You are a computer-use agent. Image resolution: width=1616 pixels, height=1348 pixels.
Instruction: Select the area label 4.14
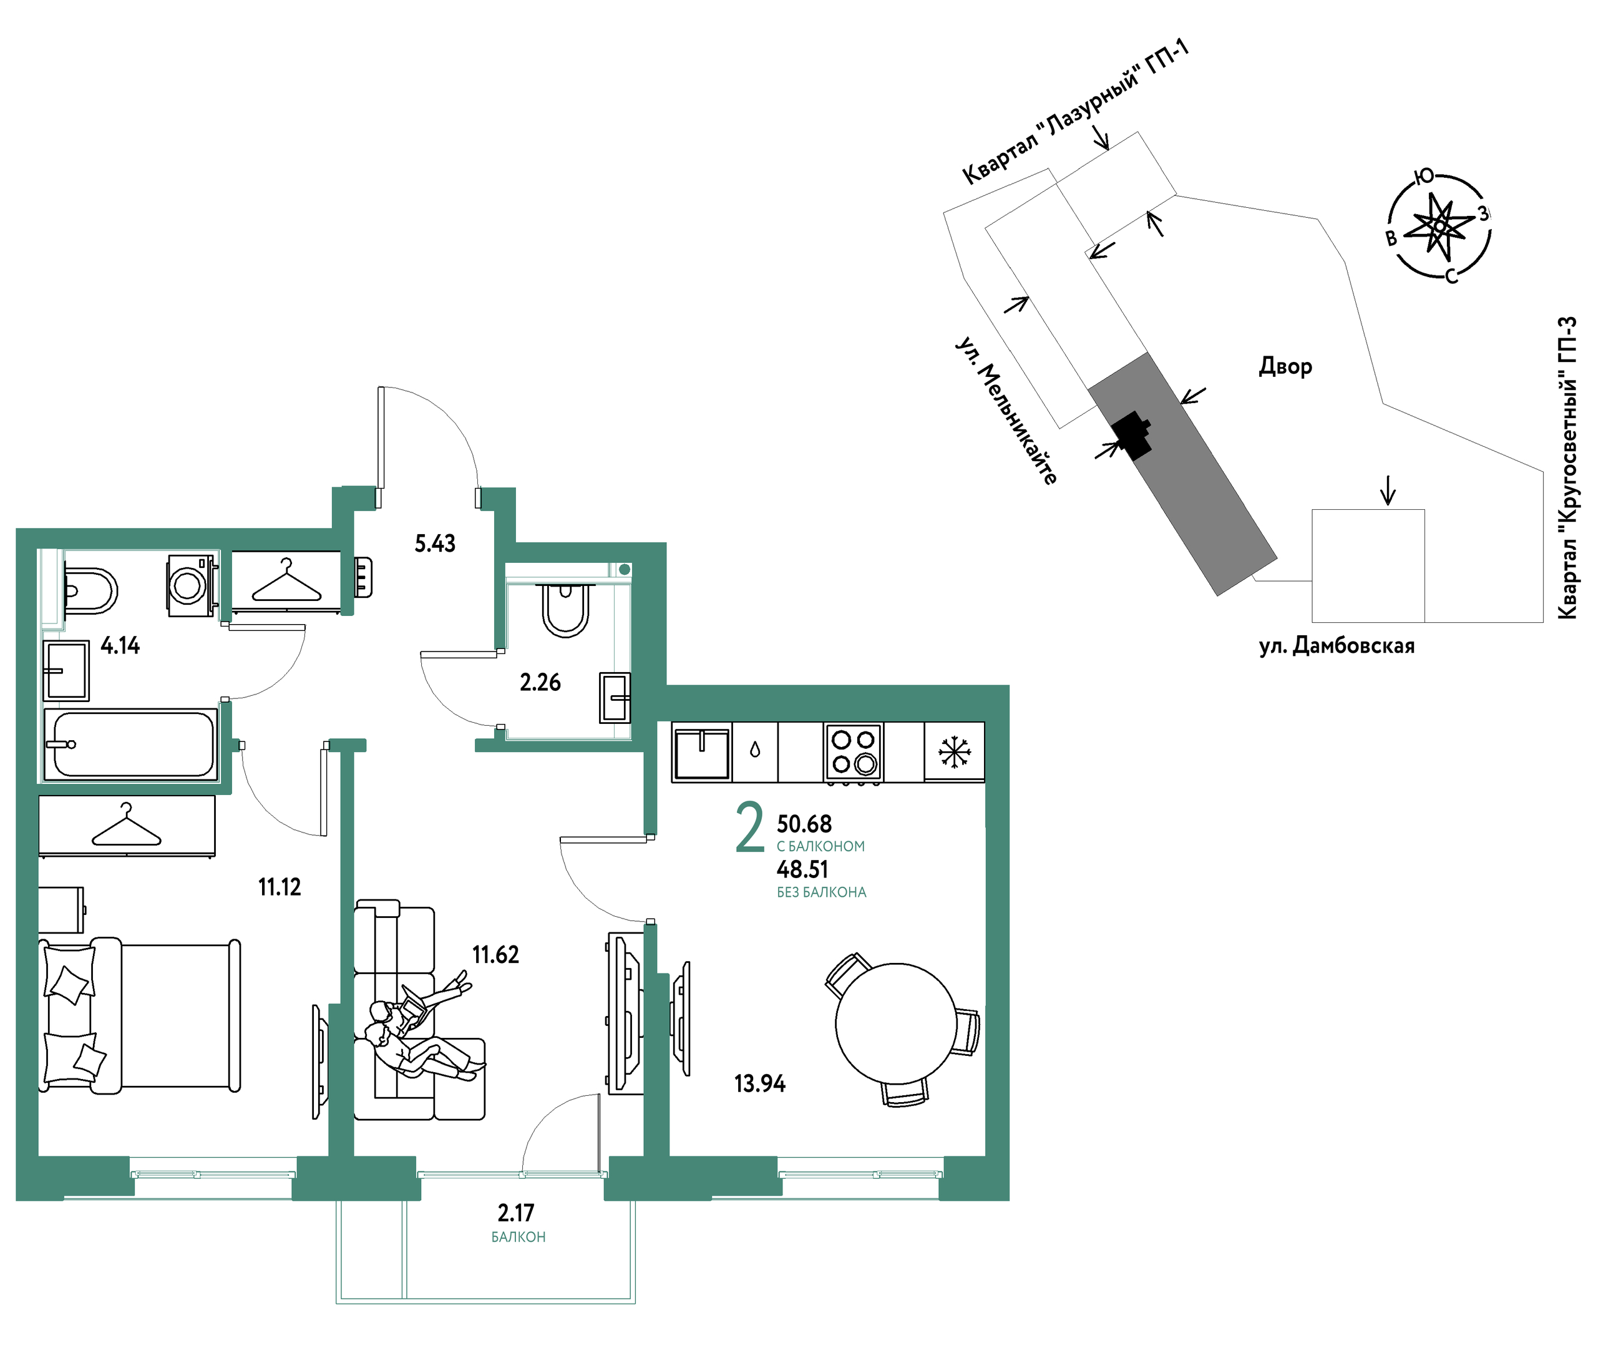tap(120, 645)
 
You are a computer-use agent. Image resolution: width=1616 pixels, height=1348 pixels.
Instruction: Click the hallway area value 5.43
tap(435, 544)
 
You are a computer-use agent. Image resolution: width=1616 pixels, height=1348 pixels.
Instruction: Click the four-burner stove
tap(854, 752)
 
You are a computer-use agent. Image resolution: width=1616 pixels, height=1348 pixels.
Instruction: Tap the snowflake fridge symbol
tap(954, 751)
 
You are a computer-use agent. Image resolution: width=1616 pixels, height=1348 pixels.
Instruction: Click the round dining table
tap(897, 1023)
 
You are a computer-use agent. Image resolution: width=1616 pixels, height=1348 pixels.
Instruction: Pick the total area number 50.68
tap(804, 824)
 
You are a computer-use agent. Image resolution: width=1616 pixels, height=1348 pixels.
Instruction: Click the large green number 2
tap(750, 828)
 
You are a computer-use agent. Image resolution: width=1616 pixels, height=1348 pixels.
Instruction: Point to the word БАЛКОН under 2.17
tap(518, 1237)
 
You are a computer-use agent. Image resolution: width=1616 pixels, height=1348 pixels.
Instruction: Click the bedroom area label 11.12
tap(280, 887)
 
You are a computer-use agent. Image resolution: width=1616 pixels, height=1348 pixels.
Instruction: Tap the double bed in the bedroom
tap(139, 1015)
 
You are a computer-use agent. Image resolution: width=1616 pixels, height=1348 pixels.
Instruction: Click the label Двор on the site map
tap(1285, 366)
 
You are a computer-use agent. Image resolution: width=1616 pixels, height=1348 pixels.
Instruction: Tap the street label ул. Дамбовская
tap(1336, 645)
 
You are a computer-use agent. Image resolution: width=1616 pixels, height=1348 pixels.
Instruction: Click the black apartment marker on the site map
tap(1132, 435)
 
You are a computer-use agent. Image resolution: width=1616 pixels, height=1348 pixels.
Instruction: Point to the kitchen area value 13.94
tap(759, 1083)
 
